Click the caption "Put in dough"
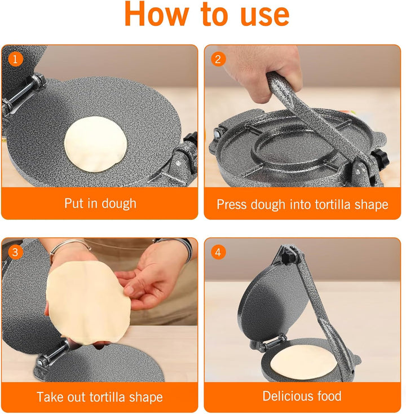coord(100,203)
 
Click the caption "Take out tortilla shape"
coord(100,397)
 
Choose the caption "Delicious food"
coord(302,396)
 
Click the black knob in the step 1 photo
coord(191,139)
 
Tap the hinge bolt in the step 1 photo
coord(23,93)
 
